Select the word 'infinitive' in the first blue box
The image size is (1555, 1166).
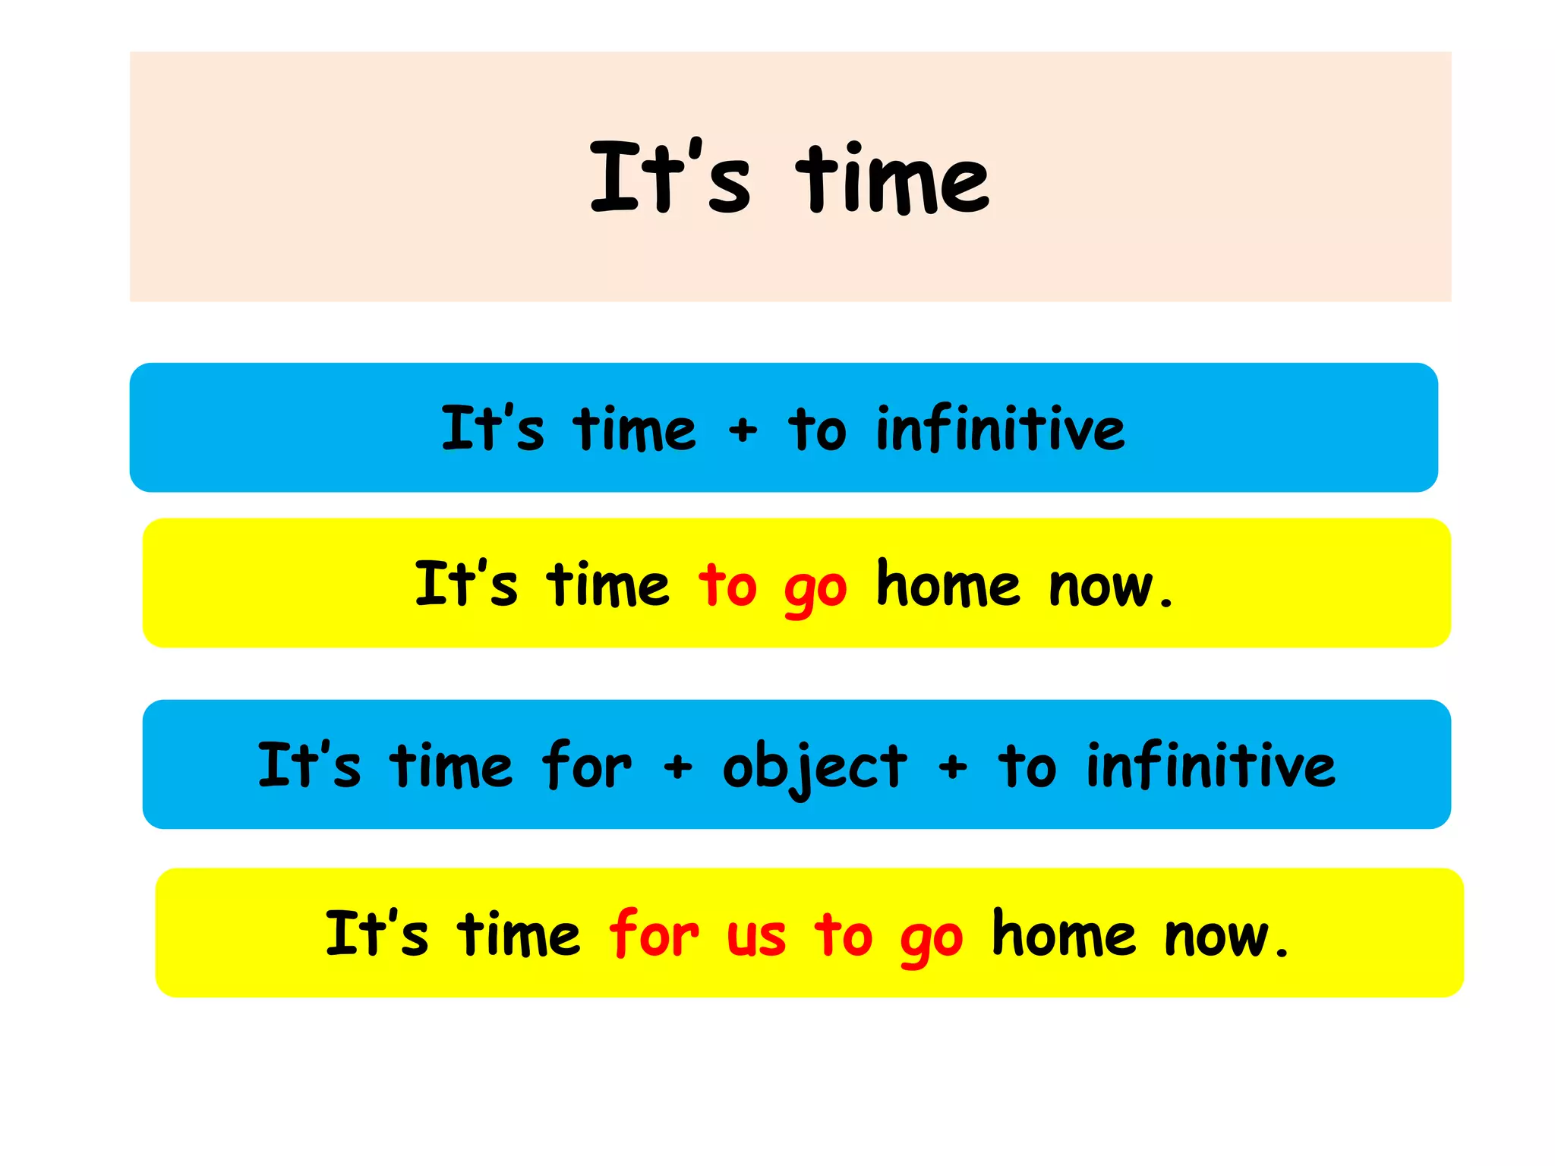point(1000,429)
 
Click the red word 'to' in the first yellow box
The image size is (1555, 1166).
point(727,585)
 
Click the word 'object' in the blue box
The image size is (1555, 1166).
point(815,767)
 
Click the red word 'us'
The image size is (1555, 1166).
point(755,937)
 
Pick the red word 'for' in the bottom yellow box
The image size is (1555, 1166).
point(653,934)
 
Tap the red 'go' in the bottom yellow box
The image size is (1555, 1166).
point(932,940)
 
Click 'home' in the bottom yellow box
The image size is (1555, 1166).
point(1064,934)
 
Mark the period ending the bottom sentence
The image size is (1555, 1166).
point(1282,952)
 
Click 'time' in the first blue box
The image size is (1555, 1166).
point(634,429)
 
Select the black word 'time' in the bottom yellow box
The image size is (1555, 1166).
point(518,934)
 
